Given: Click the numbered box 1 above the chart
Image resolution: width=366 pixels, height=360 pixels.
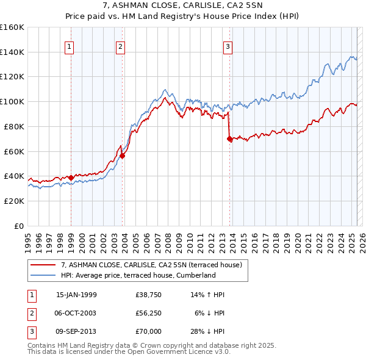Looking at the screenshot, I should coord(69,46).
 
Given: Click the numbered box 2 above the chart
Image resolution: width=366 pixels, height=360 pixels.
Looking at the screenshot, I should coord(121,46).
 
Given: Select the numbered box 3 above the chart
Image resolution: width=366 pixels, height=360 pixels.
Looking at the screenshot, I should coord(228,46).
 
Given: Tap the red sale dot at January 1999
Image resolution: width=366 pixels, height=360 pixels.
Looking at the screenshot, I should coord(71,178).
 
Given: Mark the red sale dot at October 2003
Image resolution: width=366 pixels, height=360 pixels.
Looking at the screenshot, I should coord(123,156).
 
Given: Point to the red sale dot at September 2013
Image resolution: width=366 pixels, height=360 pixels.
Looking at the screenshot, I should coord(229,139).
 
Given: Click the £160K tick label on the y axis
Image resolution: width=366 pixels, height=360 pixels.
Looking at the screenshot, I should coord(12,27).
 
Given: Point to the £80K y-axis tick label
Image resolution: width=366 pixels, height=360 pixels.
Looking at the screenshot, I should coord(15,126).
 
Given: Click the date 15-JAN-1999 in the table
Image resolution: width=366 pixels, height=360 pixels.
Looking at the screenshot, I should coord(76,295).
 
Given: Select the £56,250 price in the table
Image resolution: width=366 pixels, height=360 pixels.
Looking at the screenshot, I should coord(149,313).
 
